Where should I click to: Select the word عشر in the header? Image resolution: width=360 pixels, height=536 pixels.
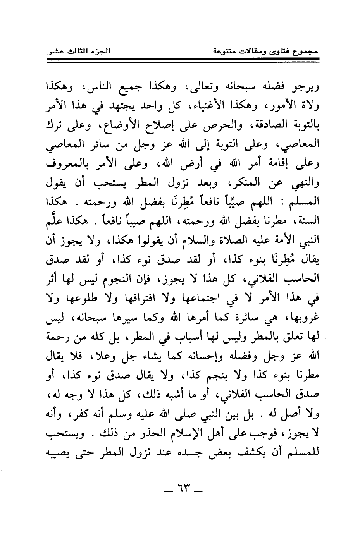click(57, 51)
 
